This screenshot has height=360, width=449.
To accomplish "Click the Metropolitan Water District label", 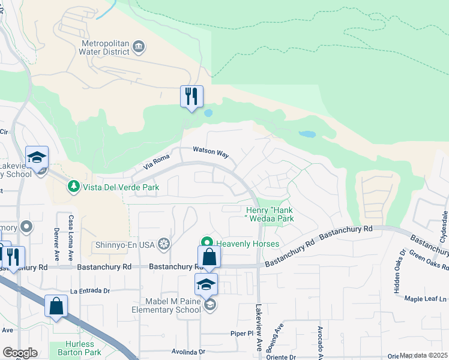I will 106,47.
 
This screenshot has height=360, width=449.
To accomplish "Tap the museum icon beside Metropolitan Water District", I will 139,47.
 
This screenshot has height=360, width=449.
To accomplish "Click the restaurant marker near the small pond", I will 192,97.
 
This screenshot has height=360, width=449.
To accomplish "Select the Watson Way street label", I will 211,152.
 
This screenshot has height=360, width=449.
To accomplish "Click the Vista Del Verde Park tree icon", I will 74,187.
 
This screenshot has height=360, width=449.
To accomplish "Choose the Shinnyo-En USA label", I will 125,245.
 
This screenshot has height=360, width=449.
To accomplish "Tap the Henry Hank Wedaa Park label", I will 270,215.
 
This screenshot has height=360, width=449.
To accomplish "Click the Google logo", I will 20,353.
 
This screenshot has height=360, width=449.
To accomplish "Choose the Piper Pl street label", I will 243,333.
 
